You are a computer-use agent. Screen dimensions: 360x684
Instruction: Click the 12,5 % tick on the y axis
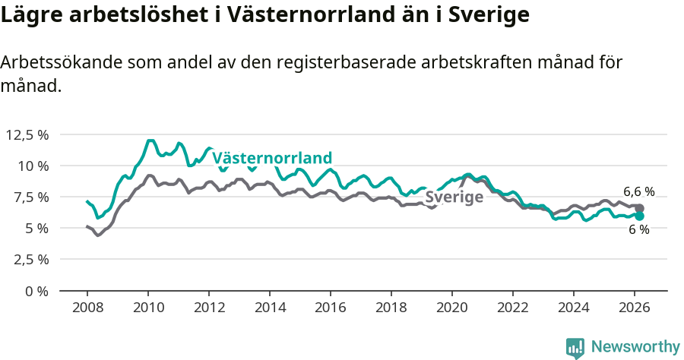(27, 134)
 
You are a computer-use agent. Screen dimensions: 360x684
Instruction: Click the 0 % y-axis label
(37, 291)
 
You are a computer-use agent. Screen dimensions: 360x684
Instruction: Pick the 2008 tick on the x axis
(87, 307)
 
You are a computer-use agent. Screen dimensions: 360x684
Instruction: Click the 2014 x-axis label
(270, 307)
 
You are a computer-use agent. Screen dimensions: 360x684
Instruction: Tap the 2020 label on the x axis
(452, 307)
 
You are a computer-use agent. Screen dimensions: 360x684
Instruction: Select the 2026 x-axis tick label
(635, 307)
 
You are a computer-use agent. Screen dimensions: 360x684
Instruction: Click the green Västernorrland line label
(272, 158)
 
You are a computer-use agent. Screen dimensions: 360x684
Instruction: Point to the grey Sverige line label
(454, 197)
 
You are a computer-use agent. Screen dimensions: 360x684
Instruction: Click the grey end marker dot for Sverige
(640, 208)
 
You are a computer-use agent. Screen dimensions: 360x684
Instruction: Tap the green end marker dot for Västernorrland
(640, 216)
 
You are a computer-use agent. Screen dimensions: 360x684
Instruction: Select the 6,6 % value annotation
(638, 192)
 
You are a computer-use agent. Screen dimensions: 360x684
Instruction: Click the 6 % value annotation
(638, 230)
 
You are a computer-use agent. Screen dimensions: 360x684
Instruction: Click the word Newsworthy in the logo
(635, 347)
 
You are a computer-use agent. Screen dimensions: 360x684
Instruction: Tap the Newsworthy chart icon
(575, 348)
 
